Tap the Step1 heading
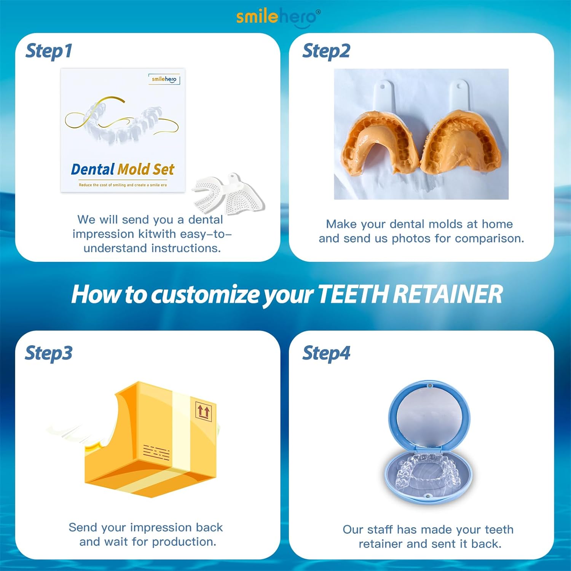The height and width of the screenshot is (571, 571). tap(49, 51)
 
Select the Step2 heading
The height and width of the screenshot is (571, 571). tap(326, 51)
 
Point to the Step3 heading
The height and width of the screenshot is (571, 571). tap(49, 353)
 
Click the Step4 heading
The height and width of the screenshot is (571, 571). tap(326, 353)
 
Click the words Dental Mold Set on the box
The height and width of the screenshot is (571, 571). tap(123, 169)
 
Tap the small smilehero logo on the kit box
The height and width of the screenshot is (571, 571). tap(164, 79)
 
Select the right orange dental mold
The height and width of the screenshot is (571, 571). tap(461, 145)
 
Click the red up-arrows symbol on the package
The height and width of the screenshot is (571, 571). tap(203, 412)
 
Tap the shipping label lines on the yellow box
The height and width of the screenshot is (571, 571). tap(156, 453)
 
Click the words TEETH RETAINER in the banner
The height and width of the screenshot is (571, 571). tap(410, 294)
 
